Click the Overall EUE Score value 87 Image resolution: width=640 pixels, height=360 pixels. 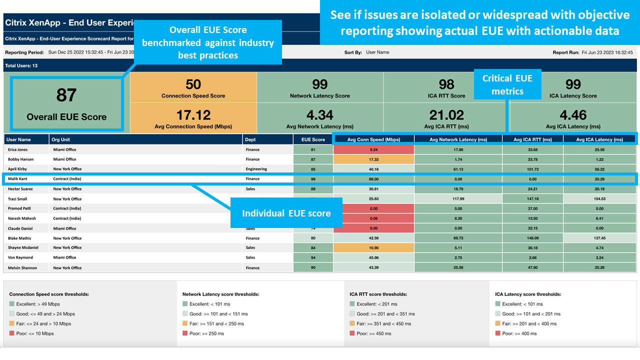click(66, 95)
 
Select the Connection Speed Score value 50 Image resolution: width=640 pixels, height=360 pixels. click(193, 84)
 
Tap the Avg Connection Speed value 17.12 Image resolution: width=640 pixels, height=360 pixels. click(193, 115)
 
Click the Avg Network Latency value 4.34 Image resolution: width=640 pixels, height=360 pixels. click(320, 115)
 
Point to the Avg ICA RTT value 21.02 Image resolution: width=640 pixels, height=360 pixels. click(446, 115)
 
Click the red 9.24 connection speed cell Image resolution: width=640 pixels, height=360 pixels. click(374, 149)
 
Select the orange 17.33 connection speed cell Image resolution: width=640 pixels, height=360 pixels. click(374, 159)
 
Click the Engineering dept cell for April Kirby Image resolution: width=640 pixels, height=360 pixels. click(256, 169)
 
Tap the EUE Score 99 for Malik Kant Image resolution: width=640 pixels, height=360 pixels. click(313, 178)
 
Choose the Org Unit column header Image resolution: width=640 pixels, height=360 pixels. click(60, 139)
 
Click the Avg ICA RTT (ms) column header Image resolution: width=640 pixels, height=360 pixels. click(532, 139)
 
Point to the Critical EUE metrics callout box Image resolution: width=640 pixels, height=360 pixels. click(507, 84)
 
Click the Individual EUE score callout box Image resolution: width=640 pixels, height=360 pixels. click(286, 213)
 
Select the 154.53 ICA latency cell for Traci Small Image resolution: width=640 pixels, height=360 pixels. click(599, 198)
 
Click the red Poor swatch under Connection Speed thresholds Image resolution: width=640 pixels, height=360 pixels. click(12, 333)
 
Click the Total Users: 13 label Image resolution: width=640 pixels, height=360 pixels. click(21, 65)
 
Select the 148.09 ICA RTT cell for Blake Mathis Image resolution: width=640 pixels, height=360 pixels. click(532, 238)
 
